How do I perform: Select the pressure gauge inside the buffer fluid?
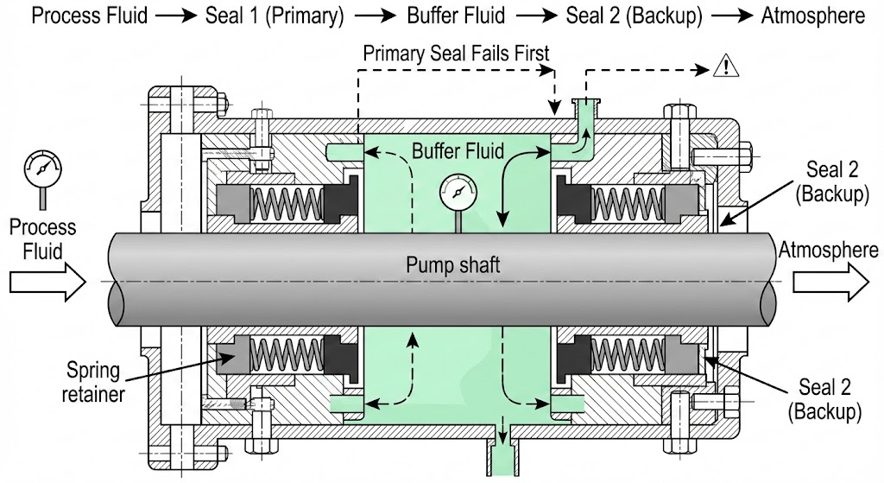coord(458,190)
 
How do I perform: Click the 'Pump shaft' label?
coord(453,264)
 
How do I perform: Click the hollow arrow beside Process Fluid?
coord(47,282)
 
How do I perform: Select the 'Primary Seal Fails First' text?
coord(456,53)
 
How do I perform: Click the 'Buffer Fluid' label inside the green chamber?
coord(458,152)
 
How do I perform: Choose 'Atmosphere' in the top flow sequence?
coord(812,16)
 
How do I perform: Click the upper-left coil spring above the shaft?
coord(287,205)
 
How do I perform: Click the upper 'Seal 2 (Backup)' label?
coord(835,181)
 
